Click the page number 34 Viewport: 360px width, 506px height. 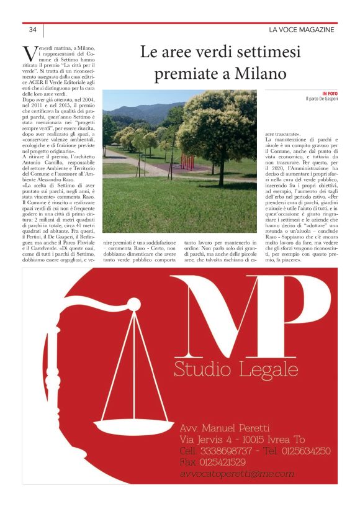tap(32, 29)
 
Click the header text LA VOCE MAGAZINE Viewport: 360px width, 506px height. tap(301, 29)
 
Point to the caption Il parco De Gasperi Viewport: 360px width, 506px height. tap(320, 99)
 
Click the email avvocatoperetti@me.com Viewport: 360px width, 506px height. tap(236, 474)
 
